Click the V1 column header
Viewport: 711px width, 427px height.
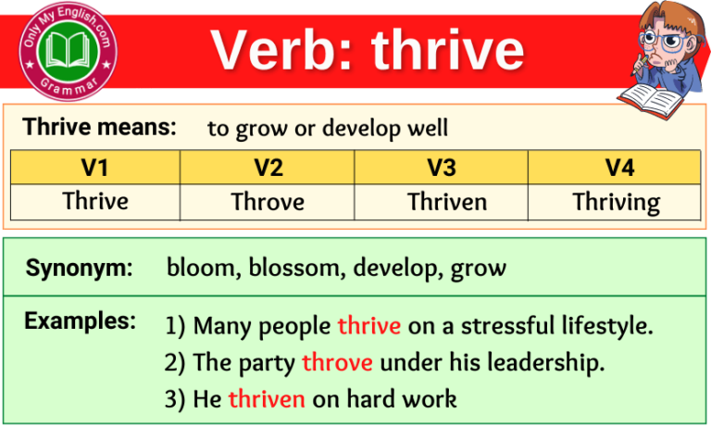[x=95, y=168]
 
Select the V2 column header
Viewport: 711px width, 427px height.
[x=268, y=168]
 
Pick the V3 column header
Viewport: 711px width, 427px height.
[x=441, y=168]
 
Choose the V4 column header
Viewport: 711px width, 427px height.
[x=614, y=168]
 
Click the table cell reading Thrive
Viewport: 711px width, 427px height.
[x=95, y=201]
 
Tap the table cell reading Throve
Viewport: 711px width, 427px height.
[x=268, y=201]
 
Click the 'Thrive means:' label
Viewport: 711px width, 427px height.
[x=99, y=128]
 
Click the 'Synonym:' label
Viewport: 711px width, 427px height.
[x=79, y=269]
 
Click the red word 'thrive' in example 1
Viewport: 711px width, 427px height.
[x=368, y=326]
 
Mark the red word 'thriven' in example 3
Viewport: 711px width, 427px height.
[x=267, y=399]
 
